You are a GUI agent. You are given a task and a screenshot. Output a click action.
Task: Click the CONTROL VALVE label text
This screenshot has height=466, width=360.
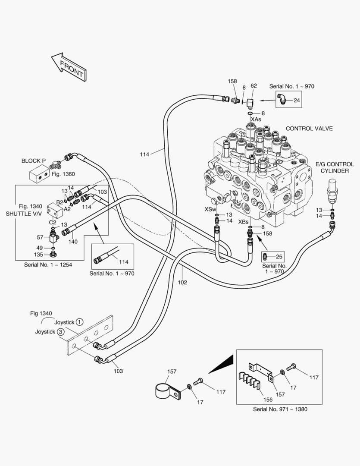coord(309,129)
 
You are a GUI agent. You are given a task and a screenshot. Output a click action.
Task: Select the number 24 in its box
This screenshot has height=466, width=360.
coord(296,101)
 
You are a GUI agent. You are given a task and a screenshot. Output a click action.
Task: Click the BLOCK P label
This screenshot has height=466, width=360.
coord(34,161)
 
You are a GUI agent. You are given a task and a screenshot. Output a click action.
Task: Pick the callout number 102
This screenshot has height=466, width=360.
coord(182,283)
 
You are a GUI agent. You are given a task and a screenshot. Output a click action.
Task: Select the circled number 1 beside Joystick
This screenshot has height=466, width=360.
coord(80,322)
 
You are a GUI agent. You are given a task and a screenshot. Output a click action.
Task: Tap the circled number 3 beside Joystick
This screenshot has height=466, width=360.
coord(61,332)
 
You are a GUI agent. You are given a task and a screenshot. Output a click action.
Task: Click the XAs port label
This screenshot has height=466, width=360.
coord(256,119)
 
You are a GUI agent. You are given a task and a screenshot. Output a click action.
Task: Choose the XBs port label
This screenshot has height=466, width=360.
coord(244,221)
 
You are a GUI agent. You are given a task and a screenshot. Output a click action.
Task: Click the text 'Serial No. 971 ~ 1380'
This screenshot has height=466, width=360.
coord(280,409)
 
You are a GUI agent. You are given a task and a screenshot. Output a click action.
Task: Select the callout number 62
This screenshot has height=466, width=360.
coord(254,86)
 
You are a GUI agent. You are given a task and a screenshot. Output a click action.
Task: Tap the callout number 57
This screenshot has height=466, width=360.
coord(40,237)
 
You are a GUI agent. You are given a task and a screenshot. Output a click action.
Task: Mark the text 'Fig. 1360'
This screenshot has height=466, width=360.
coord(63,174)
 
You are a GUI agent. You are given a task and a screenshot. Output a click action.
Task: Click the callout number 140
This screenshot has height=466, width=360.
coord(73,242)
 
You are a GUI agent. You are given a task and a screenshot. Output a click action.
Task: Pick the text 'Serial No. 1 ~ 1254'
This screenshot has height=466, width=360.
coord(48,264)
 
